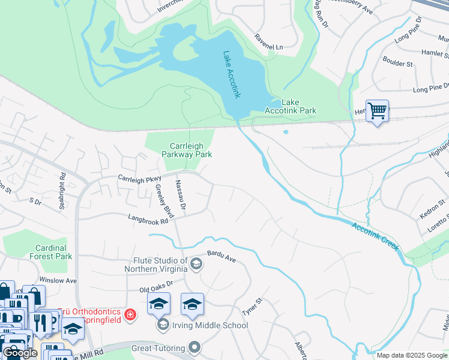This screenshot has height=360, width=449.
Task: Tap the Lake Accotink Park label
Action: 291,106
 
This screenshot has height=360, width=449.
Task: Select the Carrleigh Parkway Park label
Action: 187,149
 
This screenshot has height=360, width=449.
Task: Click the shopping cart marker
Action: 377,111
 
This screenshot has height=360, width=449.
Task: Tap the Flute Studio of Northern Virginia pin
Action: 196,264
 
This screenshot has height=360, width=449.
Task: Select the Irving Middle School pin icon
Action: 163,325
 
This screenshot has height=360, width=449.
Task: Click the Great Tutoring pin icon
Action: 194,347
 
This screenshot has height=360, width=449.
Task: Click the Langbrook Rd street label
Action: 147,220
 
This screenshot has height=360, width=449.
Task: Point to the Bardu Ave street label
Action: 222,257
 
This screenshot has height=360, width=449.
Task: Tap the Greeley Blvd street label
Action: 164,202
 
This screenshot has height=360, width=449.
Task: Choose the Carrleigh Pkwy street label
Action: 140,178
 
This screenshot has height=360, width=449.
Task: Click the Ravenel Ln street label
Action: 268,46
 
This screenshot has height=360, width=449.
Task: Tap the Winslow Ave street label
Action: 58,280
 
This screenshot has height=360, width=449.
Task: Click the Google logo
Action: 20,353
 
